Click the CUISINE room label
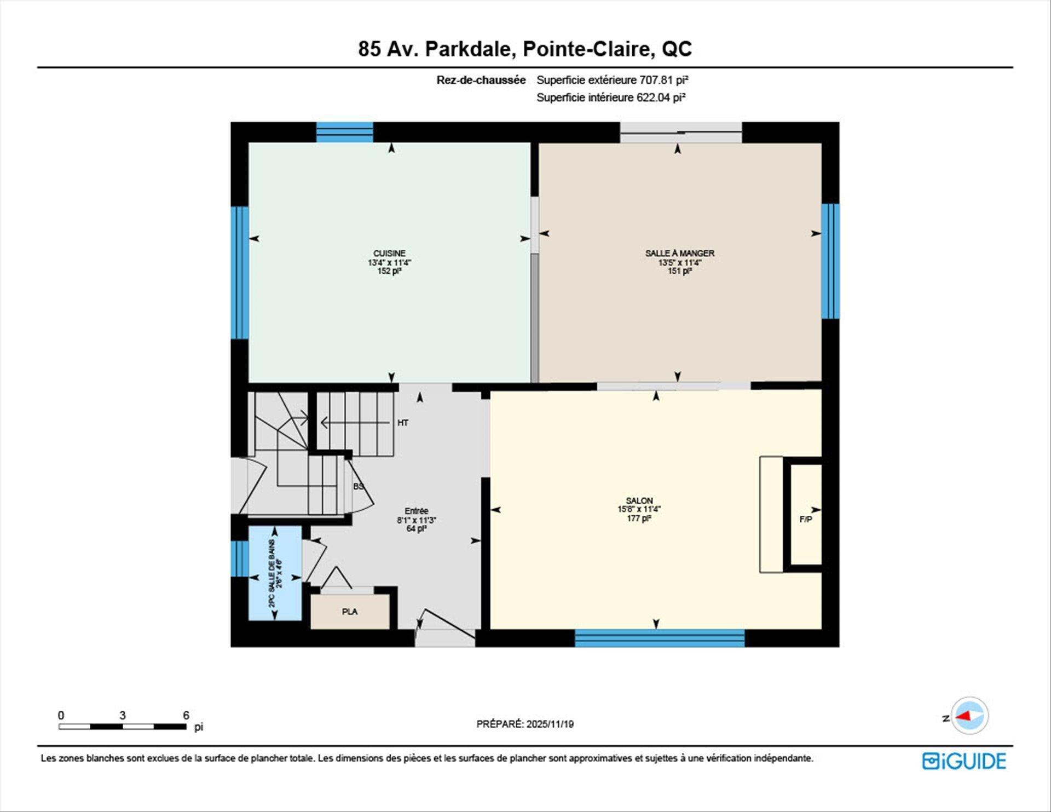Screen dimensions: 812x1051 tap(389, 254)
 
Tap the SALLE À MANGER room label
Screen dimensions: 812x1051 tap(679, 254)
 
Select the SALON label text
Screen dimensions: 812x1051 tap(639, 500)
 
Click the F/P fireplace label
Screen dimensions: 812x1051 tap(805, 519)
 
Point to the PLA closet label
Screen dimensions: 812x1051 tap(349, 612)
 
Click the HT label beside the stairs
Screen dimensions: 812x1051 tap(403, 423)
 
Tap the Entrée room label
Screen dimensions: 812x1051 tap(416, 511)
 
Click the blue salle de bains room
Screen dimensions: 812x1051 tap(275, 573)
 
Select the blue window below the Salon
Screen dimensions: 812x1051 tap(659, 638)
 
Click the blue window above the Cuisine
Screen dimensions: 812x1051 tap(344, 132)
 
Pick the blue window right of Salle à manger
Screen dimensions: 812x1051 tap(830, 261)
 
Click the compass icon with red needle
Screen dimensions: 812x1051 tap(969, 716)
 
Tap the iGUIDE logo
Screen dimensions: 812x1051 tap(964, 761)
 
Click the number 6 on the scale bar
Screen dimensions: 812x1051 tap(186, 715)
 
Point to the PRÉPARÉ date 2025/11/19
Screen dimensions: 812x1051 tap(550, 724)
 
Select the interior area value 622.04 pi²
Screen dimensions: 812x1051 tap(661, 97)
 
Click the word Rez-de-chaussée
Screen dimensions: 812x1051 tap(481, 80)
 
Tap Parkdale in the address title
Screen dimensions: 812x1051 tap(470, 49)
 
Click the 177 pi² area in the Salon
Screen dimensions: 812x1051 tap(639, 518)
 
